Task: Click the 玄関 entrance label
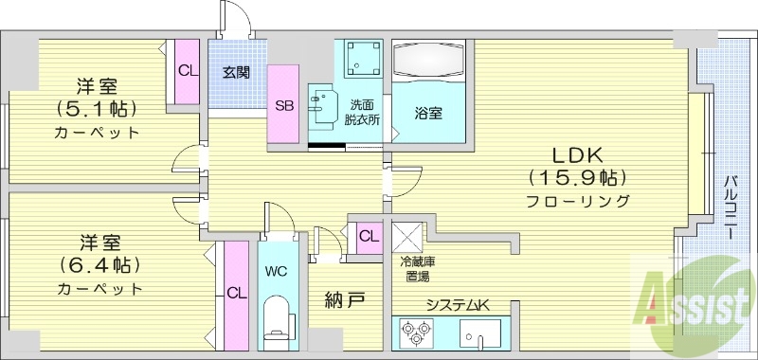point(236,73)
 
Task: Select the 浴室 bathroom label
point(428,113)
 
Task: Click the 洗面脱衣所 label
point(364,113)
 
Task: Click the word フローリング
point(579,201)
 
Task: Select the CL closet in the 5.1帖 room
point(187,70)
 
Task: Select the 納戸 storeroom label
point(344,302)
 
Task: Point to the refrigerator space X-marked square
point(407,235)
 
